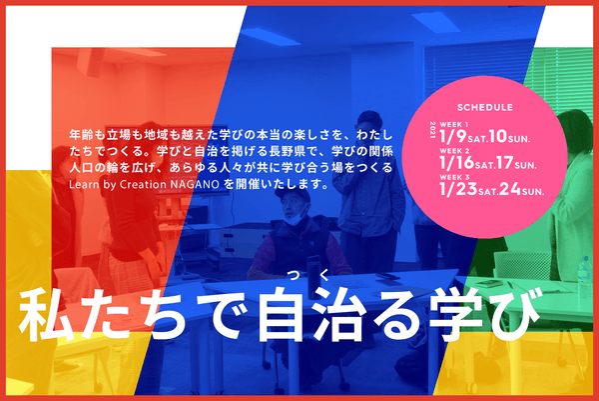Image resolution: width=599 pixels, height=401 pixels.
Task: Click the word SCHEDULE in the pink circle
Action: pyautogui.click(x=484, y=106)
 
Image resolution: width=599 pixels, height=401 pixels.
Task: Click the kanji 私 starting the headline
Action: pyautogui.click(x=43, y=317)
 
